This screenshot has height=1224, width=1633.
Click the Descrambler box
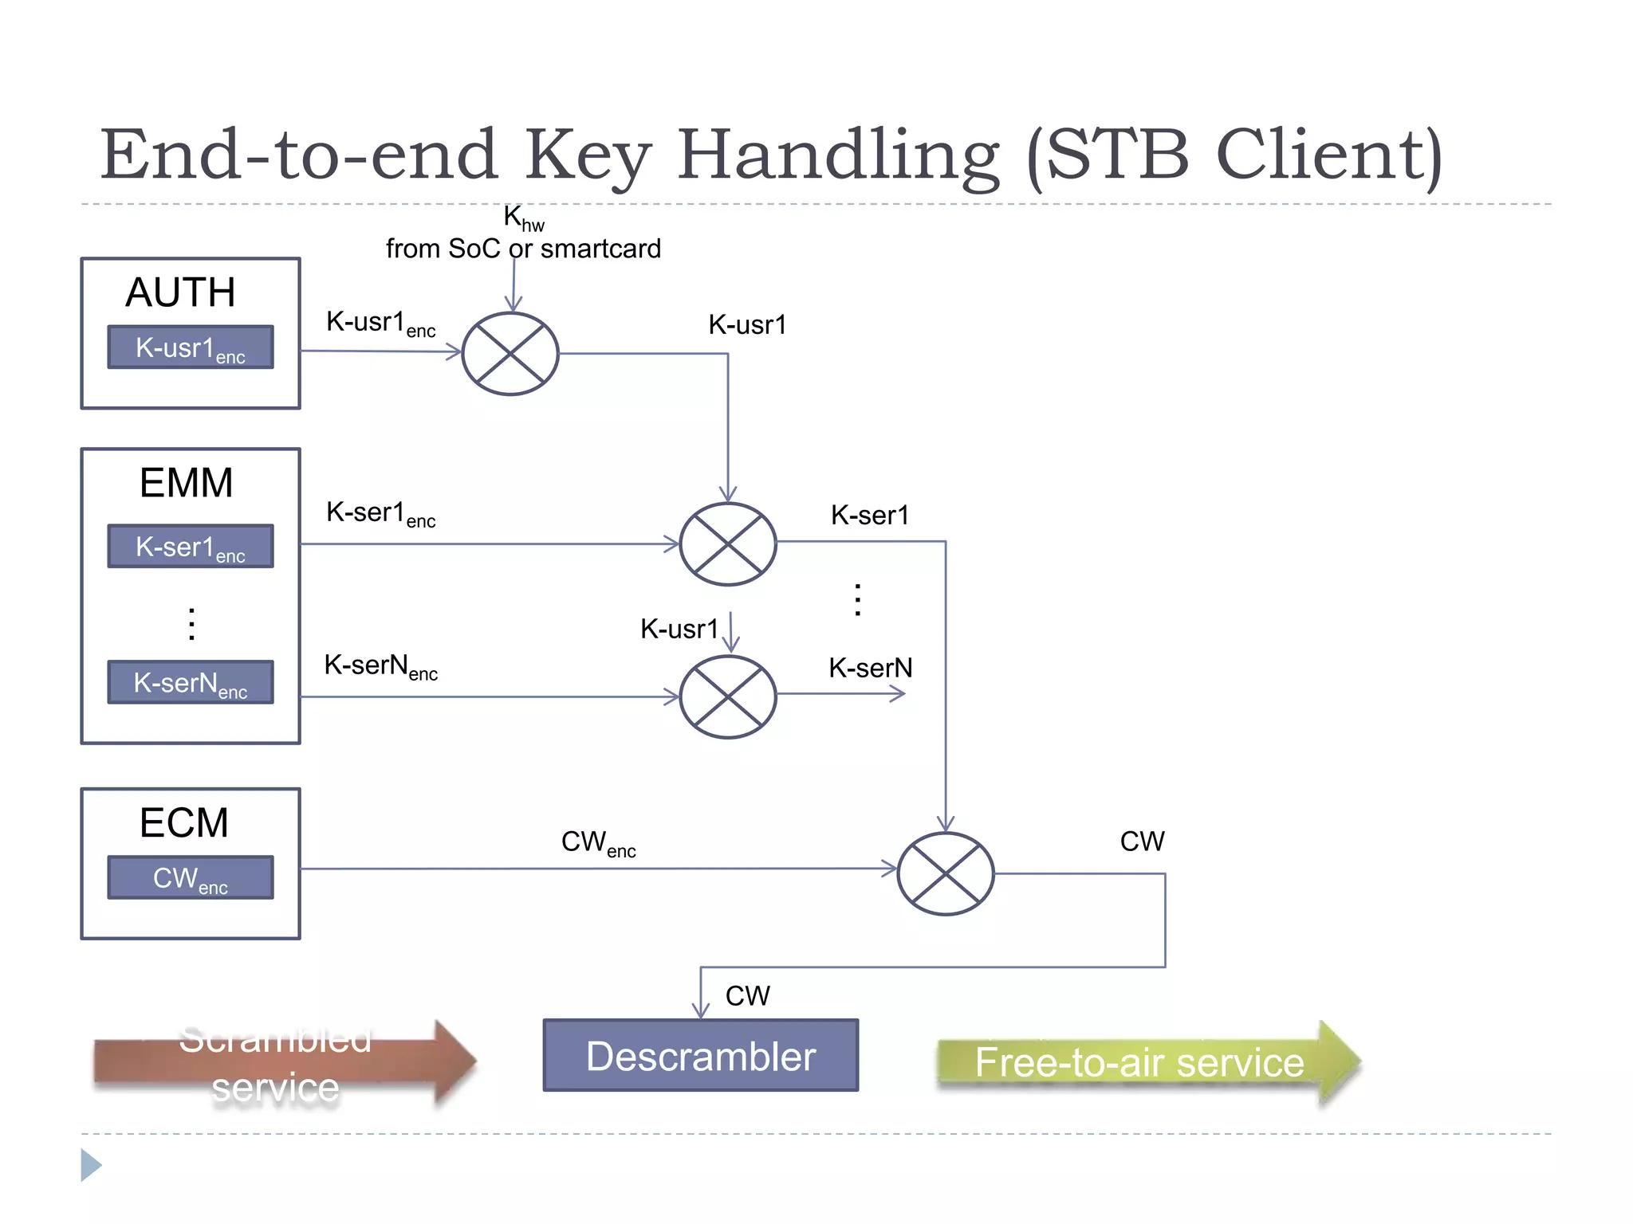coord(700,1055)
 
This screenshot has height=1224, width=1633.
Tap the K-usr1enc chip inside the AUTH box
coord(190,347)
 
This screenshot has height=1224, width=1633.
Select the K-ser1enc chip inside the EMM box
coord(190,547)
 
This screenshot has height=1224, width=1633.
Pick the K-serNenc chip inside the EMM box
coord(190,683)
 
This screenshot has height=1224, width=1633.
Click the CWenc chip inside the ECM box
coord(190,878)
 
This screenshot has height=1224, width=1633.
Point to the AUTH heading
coord(180,292)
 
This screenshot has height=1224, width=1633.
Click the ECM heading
coord(183,822)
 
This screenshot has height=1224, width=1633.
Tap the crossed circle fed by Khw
coord(510,354)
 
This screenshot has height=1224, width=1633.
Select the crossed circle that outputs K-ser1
coord(727,544)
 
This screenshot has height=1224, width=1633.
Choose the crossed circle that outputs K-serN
coord(727,696)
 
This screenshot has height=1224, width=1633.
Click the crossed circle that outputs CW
coord(945,873)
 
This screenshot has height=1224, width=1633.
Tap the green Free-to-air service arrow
coord(1140,1062)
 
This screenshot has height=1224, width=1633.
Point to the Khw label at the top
coord(523,218)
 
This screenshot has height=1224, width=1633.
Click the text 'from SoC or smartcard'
coord(523,249)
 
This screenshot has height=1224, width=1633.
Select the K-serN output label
coord(870,668)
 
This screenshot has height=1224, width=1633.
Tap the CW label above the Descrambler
coord(747,996)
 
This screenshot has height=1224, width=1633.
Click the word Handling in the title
coord(837,155)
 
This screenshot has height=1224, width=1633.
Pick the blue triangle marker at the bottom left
coord(90,1165)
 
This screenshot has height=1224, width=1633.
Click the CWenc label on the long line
coord(598,843)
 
